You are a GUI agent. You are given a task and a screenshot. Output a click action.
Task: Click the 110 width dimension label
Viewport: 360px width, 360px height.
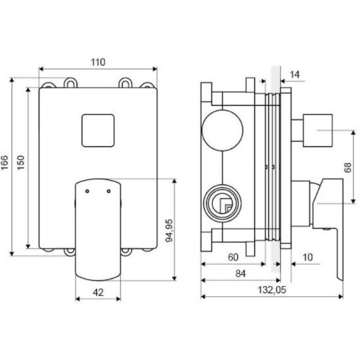[x=98, y=62]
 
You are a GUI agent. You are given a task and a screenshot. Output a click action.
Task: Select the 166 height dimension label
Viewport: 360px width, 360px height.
[x=5, y=162]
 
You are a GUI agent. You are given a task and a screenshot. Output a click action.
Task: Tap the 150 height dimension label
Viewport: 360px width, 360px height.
[x=21, y=162]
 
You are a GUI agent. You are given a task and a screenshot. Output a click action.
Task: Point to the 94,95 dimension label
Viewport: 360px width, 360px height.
[x=170, y=230]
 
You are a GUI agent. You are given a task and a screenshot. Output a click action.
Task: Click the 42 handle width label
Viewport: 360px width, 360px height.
[x=98, y=293]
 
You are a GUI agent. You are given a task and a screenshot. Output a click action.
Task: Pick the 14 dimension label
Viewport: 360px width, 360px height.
[x=295, y=75]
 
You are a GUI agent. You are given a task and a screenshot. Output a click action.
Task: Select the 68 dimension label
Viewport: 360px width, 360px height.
[x=348, y=168]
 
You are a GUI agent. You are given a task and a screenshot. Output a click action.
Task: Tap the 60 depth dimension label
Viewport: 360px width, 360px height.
[x=233, y=257]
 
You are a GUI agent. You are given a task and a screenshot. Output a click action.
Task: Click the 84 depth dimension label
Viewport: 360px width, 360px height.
[x=240, y=274]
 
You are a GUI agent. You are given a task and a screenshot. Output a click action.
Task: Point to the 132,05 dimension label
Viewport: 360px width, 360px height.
[x=272, y=290]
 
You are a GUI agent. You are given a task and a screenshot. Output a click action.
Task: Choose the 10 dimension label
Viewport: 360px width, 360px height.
[x=308, y=257]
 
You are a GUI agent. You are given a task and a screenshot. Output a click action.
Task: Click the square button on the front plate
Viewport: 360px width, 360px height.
[x=98, y=130]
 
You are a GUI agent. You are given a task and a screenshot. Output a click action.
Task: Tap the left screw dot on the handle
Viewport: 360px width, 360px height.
[x=87, y=191]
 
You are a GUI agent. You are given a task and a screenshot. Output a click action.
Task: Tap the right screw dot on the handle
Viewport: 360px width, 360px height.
[x=109, y=191]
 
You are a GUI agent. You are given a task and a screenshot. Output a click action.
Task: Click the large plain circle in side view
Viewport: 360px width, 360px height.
[x=223, y=130]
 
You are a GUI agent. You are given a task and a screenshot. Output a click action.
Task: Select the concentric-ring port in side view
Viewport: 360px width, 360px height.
[x=223, y=203]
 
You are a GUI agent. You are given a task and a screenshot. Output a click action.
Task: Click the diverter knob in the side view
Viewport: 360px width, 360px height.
[x=317, y=130]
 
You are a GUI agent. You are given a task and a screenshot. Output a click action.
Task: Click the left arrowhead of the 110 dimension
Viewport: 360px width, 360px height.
[x=41, y=69]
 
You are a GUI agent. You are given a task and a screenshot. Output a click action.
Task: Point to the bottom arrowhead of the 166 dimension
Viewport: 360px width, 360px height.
[x=12, y=253]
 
